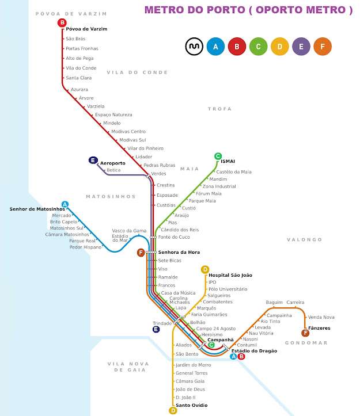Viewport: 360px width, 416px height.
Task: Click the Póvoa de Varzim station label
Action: [x=86, y=29]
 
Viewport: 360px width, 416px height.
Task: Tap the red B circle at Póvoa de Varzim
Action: [x=62, y=22]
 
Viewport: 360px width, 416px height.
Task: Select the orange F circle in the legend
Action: [x=323, y=45]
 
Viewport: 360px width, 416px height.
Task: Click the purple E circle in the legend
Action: [x=301, y=45]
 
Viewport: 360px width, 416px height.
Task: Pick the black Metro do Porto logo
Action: [x=192, y=45]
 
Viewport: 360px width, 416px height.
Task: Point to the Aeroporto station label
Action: [x=113, y=163]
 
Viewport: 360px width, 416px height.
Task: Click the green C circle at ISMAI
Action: [x=218, y=156]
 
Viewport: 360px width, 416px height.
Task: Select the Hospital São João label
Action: [x=230, y=275]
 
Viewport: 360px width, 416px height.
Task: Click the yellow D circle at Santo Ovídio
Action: [x=173, y=410]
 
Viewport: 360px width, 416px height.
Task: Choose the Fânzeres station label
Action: [x=320, y=328]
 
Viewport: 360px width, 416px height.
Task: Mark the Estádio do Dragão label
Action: [x=254, y=350]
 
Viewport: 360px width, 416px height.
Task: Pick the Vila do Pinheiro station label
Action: [x=146, y=148]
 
